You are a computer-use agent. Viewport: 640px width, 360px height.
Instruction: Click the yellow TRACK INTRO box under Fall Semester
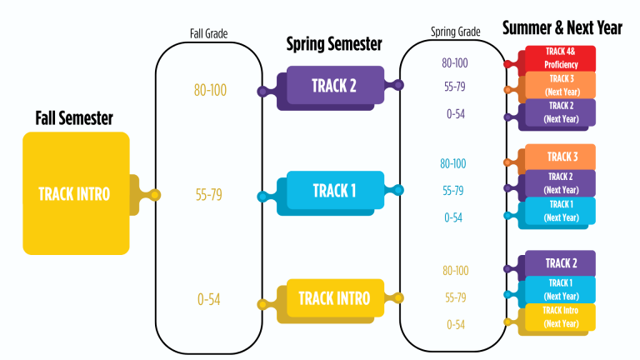(x=75, y=193)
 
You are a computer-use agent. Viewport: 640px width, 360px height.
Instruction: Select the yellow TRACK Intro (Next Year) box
(x=560, y=317)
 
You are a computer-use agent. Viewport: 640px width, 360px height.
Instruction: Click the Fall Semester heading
(x=74, y=118)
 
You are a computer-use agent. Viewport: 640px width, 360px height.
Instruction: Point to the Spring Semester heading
(x=334, y=44)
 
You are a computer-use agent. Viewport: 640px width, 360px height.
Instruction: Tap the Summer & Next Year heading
(x=562, y=27)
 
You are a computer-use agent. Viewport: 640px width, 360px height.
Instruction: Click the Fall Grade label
(x=209, y=34)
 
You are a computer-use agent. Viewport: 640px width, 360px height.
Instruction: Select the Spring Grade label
(x=455, y=32)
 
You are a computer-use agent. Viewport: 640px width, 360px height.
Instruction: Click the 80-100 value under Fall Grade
(x=210, y=89)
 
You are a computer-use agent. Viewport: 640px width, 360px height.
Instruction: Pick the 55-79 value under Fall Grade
(x=209, y=195)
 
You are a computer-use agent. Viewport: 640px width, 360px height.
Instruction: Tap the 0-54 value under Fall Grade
(x=209, y=300)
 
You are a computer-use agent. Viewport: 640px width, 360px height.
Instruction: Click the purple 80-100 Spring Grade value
(x=455, y=62)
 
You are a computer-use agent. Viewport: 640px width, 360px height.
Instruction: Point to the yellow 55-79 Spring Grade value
(x=455, y=297)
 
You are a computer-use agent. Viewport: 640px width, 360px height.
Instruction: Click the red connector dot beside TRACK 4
(x=507, y=63)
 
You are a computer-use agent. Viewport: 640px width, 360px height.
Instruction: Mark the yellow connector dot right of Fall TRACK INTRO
(x=154, y=195)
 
